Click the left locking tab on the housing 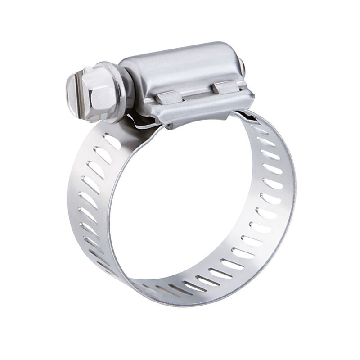click(x=168, y=95)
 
